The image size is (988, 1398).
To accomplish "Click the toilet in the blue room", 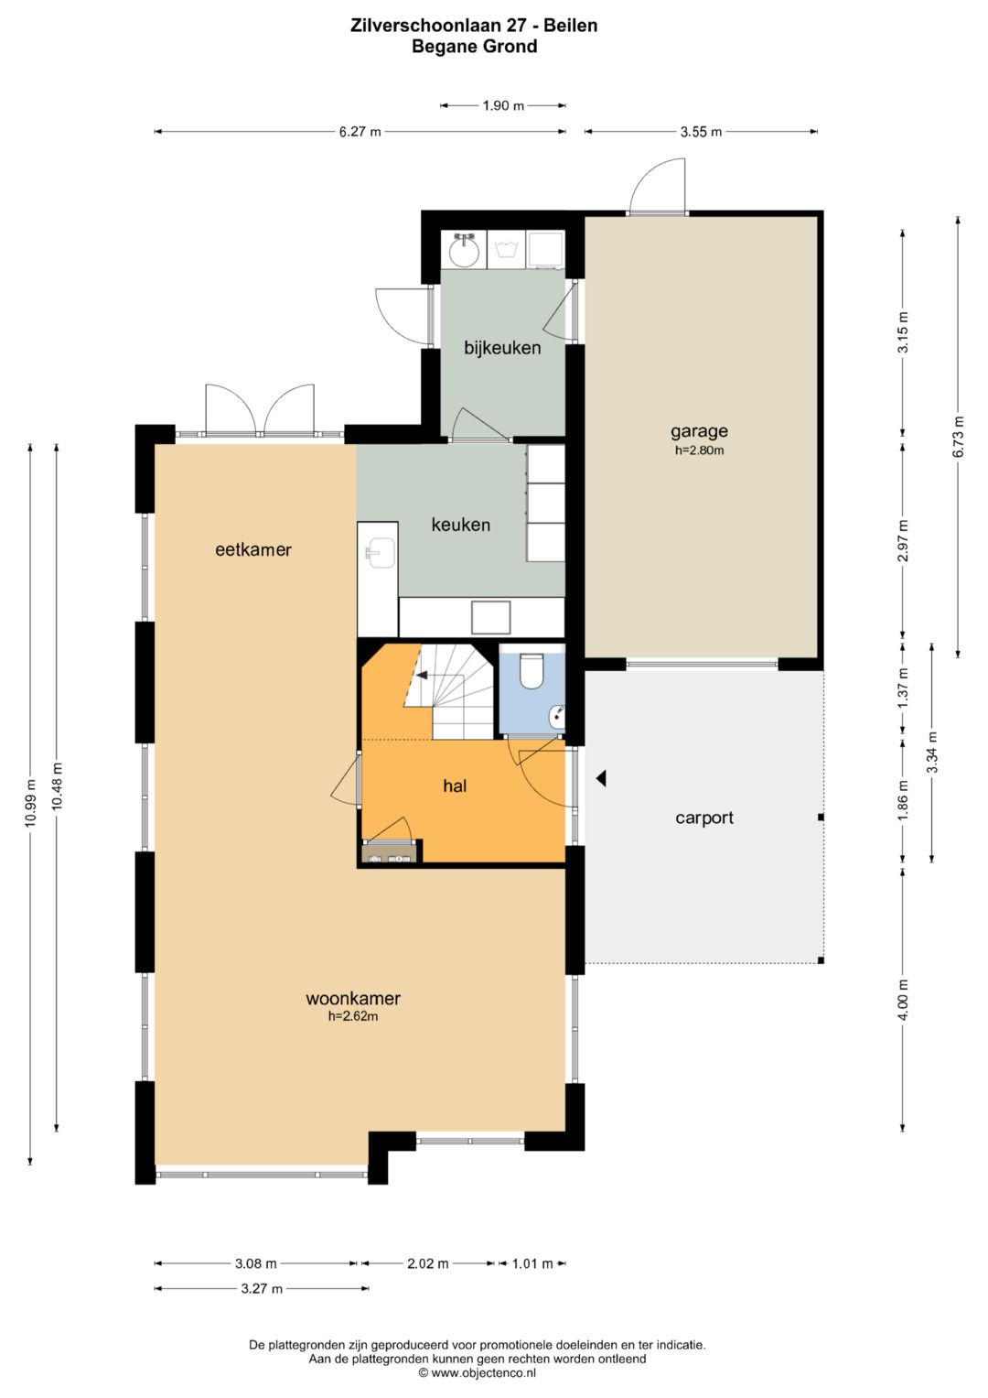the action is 532,670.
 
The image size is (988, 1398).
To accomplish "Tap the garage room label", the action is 699,430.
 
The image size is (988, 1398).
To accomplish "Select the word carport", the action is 704,818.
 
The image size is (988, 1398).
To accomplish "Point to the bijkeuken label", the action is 502,348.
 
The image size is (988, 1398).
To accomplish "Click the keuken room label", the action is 461,525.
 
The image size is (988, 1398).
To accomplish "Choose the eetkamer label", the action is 253,550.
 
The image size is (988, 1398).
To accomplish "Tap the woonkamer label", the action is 353,999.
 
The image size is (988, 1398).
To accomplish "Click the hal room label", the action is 455,786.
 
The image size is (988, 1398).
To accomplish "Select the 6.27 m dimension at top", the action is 360,132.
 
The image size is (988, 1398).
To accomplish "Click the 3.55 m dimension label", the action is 701,132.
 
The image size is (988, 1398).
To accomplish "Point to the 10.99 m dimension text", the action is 29,803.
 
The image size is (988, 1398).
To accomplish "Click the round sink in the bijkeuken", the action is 464,250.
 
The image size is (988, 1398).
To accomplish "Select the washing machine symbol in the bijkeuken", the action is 507,250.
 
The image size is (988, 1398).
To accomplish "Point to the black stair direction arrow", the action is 421,675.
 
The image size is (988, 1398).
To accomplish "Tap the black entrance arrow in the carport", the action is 601,778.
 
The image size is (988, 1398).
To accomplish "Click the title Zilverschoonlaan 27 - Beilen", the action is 474,26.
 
